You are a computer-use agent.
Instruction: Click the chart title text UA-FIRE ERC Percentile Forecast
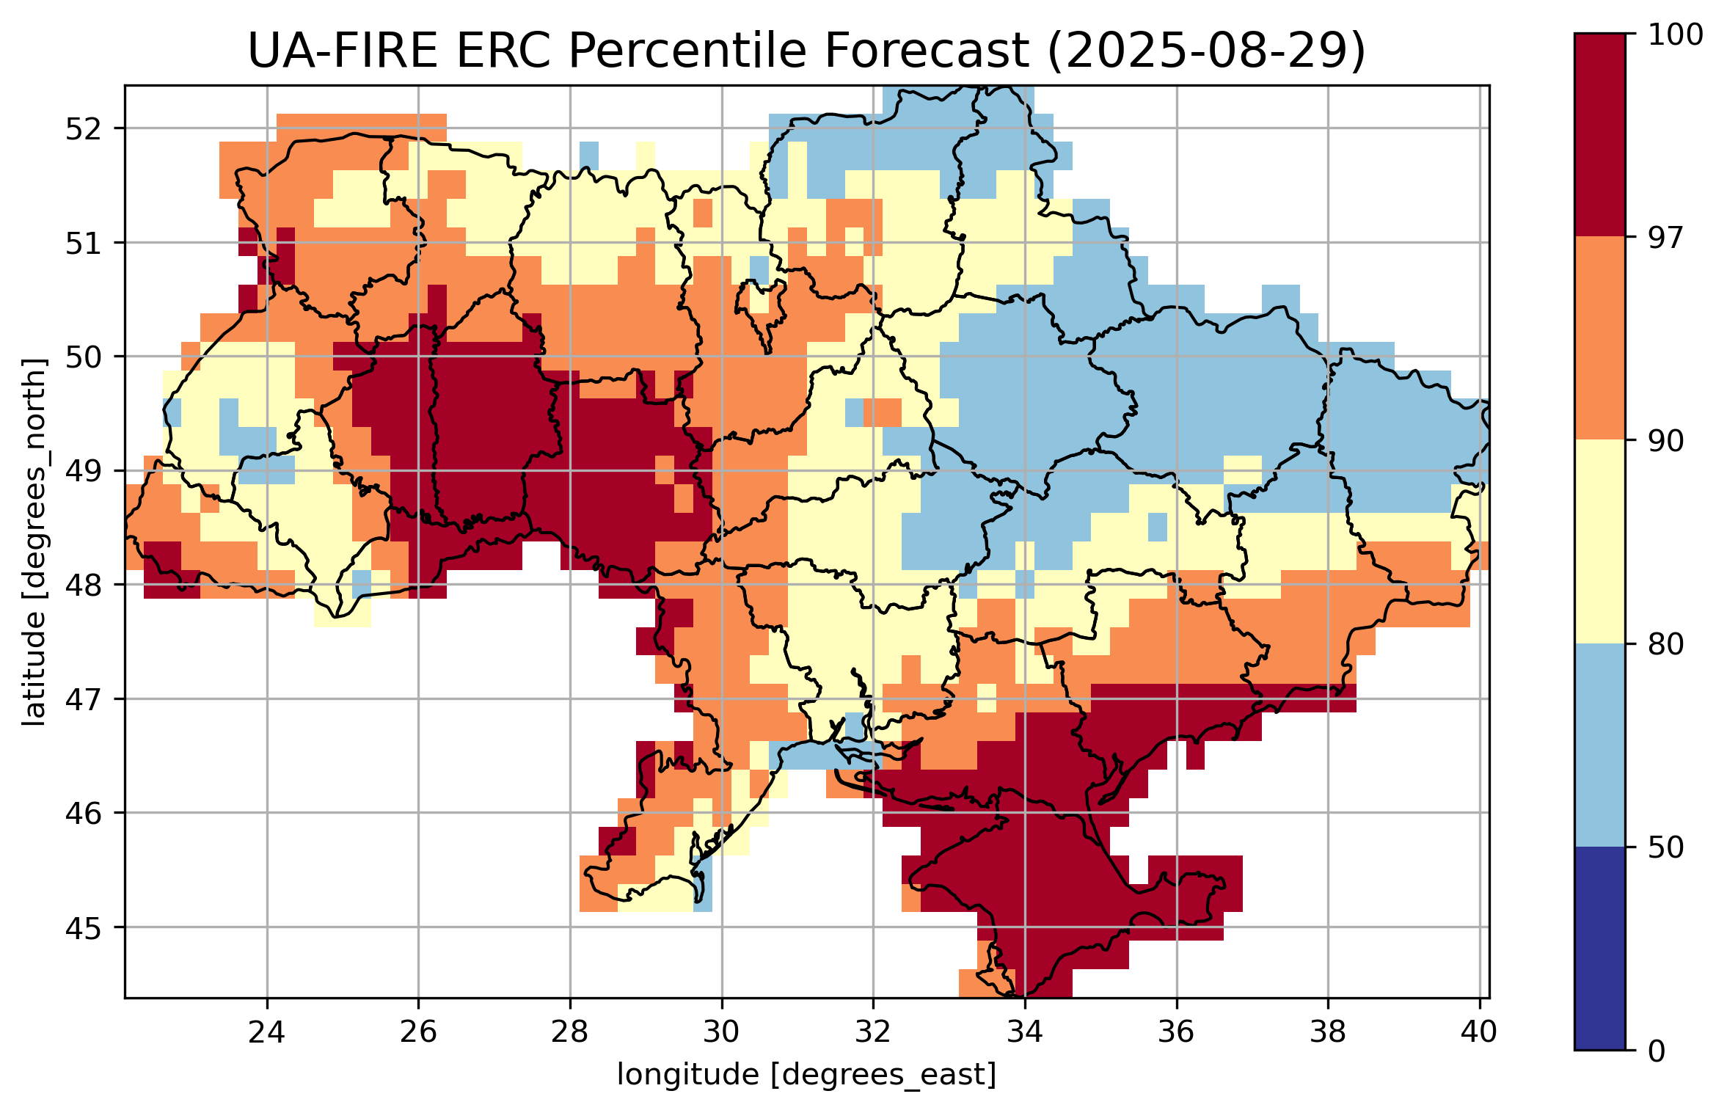coord(638,51)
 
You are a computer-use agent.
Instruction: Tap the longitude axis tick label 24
coord(266,1032)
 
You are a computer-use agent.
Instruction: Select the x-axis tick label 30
coord(721,1032)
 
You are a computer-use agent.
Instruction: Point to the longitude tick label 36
coord(1177,1032)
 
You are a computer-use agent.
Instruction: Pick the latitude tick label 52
coord(83,129)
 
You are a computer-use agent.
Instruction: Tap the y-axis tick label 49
coord(83,471)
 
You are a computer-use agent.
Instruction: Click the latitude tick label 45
coord(83,928)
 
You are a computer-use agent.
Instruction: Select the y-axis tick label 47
coord(83,699)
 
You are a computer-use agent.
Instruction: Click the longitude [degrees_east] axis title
coord(806,1075)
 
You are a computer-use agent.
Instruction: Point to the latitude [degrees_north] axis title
coord(34,542)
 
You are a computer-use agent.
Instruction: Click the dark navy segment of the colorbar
coord(1599,948)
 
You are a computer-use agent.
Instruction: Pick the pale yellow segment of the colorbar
coord(1599,541)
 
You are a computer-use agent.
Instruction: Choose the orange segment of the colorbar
coord(1599,337)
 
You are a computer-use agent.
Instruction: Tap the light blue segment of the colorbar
coord(1599,745)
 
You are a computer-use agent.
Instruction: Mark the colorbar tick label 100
coord(1675,34)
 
